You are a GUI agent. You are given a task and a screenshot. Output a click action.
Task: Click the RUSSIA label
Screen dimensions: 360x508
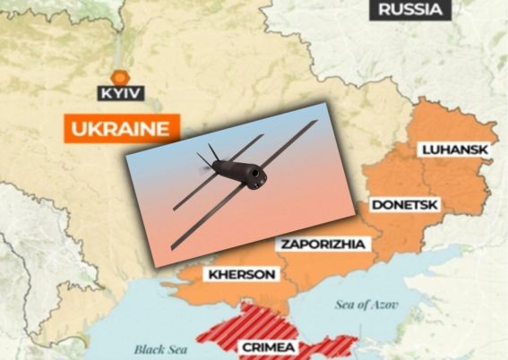tap(409, 11)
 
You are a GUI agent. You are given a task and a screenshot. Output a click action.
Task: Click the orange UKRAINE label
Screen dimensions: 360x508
tap(118, 127)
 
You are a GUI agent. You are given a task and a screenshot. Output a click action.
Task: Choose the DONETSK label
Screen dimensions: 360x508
tap(403, 205)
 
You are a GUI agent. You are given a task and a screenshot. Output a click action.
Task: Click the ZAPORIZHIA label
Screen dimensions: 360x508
tap(320, 244)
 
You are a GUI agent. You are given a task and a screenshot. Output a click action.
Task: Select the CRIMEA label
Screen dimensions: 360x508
tap(268, 347)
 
